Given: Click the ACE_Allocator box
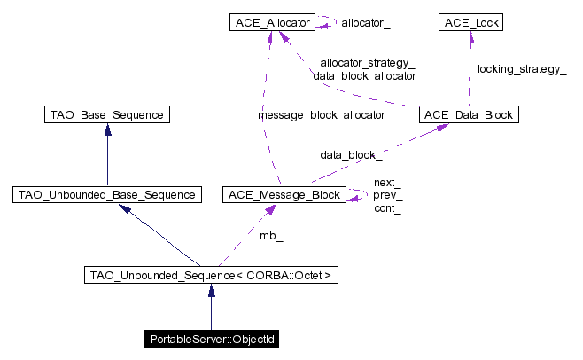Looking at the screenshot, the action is click(x=272, y=22).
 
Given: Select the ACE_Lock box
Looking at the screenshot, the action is click(x=470, y=22).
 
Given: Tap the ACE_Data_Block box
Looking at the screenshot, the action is click(x=469, y=114).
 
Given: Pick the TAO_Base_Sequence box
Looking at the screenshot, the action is click(x=107, y=114).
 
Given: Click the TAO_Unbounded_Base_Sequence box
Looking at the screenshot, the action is click(x=107, y=195).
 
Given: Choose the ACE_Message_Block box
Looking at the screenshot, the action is click(x=284, y=195).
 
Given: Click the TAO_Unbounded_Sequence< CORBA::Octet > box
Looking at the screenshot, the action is click(x=211, y=275).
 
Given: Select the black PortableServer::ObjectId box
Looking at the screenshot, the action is click(x=211, y=339).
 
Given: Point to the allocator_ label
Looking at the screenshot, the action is click(x=366, y=23).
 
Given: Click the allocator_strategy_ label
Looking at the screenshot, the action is click(x=368, y=63).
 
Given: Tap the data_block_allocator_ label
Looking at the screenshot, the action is click(x=368, y=76).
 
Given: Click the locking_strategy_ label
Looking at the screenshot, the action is click(x=522, y=69).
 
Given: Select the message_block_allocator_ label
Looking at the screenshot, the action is click(x=325, y=115).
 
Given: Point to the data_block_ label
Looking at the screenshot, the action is click(x=351, y=155).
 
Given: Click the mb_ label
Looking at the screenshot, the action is click(x=271, y=236).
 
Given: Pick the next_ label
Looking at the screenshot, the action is click(x=387, y=183).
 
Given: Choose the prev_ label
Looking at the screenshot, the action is click(x=388, y=195).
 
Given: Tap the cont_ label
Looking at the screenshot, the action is click(x=387, y=208).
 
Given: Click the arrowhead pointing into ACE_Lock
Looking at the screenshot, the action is click(x=471, y=36).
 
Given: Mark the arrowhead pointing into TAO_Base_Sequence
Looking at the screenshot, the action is click(x=108, y=129).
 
